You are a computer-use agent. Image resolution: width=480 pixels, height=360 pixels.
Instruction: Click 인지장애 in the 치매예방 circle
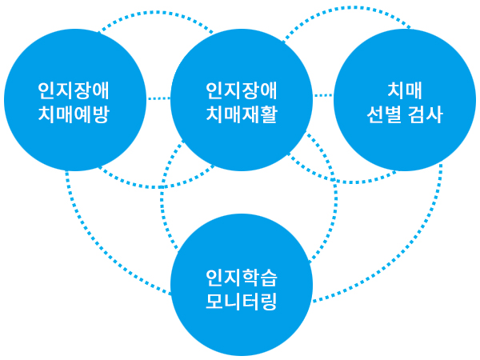click(74, 91)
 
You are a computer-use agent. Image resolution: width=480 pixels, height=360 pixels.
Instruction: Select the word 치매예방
click(74, 114)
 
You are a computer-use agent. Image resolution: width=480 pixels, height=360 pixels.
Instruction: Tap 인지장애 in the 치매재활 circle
click(242, 91)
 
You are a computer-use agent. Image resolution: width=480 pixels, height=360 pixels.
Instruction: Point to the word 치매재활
click(242, 114)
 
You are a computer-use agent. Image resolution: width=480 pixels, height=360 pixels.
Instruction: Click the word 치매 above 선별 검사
click(405, 90)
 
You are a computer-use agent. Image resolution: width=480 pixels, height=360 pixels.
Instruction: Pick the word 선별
click(384, 114)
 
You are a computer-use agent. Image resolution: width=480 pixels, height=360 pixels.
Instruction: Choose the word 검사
click(426, 114)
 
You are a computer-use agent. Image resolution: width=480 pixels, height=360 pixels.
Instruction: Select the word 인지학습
click(242, 278)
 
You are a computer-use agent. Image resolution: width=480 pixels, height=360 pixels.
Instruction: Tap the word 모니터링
click(242, 302)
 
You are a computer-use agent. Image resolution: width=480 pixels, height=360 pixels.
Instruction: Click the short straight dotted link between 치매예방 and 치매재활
click(158, 98)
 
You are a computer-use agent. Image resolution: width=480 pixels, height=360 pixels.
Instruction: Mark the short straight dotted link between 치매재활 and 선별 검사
click(323, 95)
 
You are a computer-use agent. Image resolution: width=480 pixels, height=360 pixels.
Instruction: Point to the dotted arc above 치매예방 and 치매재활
click(156, 13)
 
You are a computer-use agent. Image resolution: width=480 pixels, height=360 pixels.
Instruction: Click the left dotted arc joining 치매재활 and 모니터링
click(162, 196)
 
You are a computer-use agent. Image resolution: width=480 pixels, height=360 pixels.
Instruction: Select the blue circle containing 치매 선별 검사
click(405, 100)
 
